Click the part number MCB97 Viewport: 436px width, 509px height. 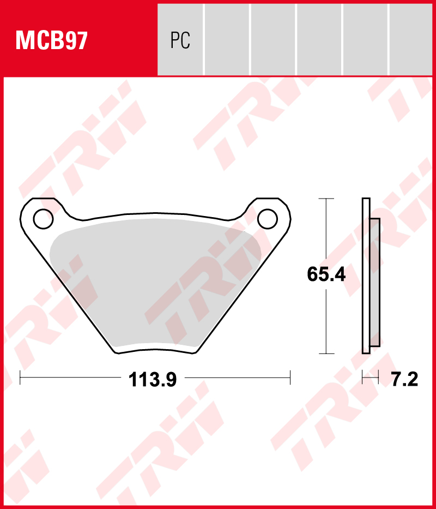tap(52, 40)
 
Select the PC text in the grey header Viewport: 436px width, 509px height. tap(180, 40)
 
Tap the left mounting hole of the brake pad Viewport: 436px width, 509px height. tap(43, 219)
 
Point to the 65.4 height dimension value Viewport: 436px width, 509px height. tap(326, 275)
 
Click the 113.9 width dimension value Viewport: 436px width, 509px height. tap(153, 379)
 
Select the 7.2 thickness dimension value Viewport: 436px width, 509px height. tap(404, 379)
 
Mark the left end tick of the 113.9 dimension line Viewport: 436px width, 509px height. tap(20, 378)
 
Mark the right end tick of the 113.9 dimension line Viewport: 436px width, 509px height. tap(290, 378)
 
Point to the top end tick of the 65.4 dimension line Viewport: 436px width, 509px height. tap(326, 199)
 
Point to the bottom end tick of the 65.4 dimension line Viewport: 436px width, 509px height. tap(326, 354)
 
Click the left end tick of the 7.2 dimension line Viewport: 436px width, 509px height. tap(362, 378)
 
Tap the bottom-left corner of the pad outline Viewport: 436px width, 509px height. tap(116, 351)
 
